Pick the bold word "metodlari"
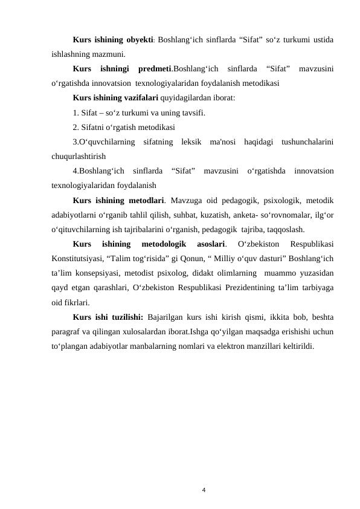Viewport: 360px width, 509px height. pyautogui.click(x=148, y=199)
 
